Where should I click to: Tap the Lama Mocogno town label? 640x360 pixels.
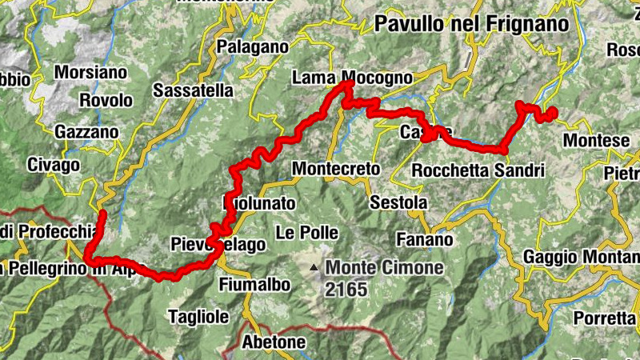(x=352, y=78)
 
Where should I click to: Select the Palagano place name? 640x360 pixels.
(x=252, y=47)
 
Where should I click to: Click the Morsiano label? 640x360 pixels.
(x=90, y=72)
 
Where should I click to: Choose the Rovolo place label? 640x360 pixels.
(x=106, y=101)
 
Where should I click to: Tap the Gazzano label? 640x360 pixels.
(x=86, y=132)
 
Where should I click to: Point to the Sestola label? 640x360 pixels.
(x=398, y=203)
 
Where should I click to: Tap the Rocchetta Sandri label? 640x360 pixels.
(x=478, y=170)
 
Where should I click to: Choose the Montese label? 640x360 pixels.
(x=596, y=141)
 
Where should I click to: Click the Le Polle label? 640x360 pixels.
(x=306, y=233)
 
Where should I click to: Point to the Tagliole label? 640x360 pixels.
(x=198, y=317)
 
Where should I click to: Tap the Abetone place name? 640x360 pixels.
(x=274, y=342)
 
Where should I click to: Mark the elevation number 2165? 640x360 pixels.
(x=346, y=289)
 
